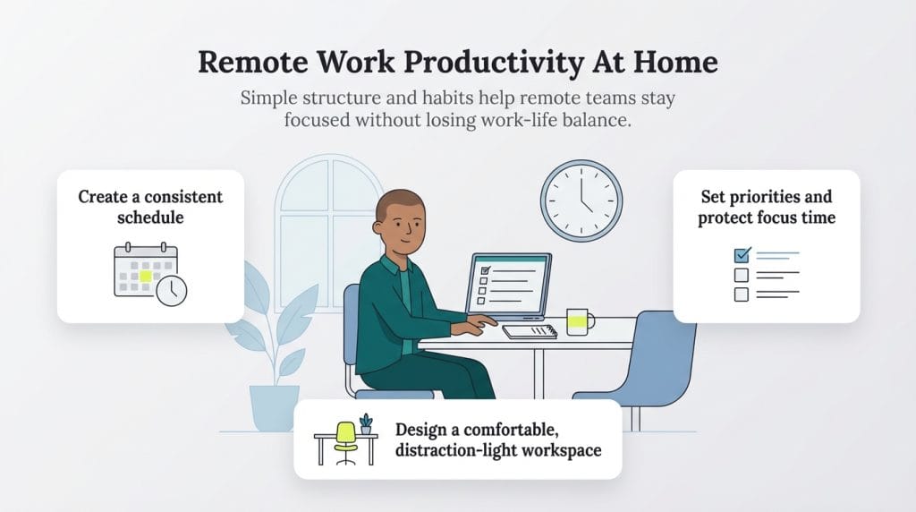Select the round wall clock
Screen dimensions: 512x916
coord(581,201)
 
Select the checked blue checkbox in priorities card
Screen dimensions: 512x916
coord(742,256)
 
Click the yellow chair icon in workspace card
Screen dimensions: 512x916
coord(345,438)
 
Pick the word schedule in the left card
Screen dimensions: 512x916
coord(149,218)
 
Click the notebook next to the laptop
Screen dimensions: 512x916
coord(530,331)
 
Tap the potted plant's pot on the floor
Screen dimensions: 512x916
coord(274,407)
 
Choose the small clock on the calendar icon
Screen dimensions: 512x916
coord(172,290)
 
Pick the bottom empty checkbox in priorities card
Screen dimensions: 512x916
coord(742,294)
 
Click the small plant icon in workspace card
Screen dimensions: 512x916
coord(366,424)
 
